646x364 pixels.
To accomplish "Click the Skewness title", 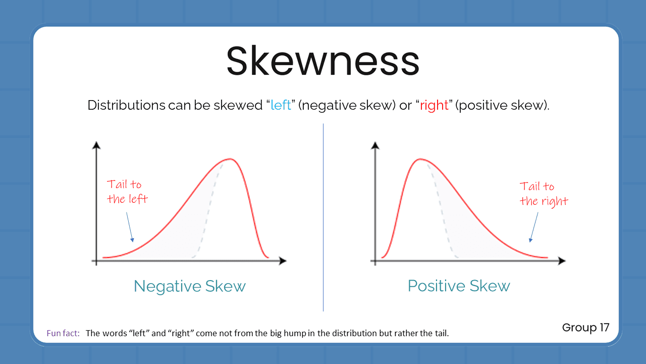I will click(x=323, y=61).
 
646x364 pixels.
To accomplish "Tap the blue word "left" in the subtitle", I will click(x=281, y=106).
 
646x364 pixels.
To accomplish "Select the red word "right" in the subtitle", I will click(x=434, y=106).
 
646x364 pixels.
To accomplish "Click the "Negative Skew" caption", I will click(x=190, y=286).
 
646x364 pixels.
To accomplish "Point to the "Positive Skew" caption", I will click(x=459, y=286).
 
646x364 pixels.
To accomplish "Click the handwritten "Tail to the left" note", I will click(x=127, y=192).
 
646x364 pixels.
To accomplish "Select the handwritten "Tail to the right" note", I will click(x=544, y=194).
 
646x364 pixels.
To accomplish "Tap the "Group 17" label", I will click(x=585, y=328).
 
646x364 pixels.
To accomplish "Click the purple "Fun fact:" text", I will click(x=63, y=333).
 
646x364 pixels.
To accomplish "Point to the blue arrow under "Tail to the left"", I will click(x=129, y=226).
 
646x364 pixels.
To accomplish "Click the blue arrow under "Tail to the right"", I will click(x=533, y=226).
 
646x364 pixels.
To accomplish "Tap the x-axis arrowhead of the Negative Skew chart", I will click(x=283, y=261).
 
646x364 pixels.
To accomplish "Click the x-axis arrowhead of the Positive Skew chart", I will click(x=562, y=261).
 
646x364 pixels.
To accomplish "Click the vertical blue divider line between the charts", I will click(x=323, y=217).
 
